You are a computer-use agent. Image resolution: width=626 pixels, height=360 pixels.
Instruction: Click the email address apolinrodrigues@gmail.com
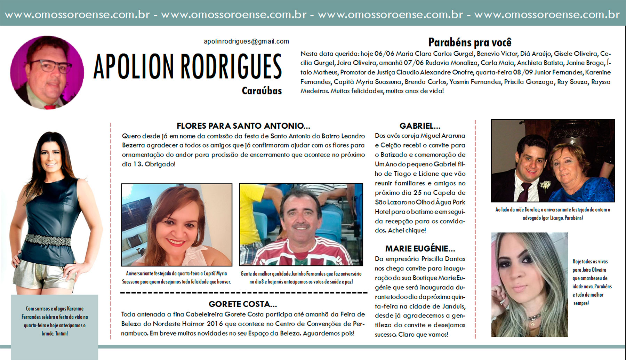(246, 41)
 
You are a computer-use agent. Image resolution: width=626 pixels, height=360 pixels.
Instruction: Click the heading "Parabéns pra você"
(469, 42)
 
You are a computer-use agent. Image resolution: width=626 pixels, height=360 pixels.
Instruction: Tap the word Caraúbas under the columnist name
(262, 91)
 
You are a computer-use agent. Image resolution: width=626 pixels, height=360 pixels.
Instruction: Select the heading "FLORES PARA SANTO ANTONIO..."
(243, 126)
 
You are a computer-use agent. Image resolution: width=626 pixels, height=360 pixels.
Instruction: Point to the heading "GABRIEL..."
(420, 126)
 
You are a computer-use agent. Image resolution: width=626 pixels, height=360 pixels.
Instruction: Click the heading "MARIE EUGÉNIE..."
(420, 249)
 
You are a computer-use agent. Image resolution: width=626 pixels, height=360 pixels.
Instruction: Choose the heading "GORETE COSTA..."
(243, 304)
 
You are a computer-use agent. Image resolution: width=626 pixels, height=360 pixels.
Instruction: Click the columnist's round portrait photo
(47, 72)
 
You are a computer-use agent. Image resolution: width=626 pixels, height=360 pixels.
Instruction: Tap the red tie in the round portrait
(50, 106)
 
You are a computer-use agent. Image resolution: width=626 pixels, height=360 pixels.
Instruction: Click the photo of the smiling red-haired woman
(177, 225)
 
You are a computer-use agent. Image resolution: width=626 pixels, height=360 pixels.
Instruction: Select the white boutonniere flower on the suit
(545, 185)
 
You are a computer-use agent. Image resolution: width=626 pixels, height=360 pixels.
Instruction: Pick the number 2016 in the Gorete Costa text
(215, 324)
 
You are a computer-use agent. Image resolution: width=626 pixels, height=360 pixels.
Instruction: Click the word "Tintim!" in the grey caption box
(61, 334)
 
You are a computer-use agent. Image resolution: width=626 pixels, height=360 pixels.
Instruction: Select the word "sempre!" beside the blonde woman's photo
(581, 303)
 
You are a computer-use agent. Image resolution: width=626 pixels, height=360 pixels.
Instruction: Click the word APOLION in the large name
(133, 66)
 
